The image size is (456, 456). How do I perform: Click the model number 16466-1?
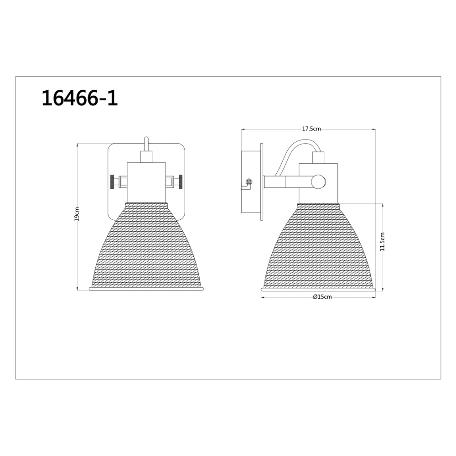pos(80,98)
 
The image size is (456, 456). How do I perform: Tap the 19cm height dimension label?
pos(77,214)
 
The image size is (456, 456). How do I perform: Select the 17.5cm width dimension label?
pos(311,129)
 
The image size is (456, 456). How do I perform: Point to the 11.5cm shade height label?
pos(382,241)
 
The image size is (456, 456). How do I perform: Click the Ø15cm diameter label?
pos(322,297)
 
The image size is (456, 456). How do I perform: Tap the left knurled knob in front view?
pos(112,182)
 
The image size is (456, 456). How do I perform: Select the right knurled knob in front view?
pos(181,182)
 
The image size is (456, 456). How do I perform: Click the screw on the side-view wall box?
pos(249,182)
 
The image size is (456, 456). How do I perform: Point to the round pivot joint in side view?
pos(318,182)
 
